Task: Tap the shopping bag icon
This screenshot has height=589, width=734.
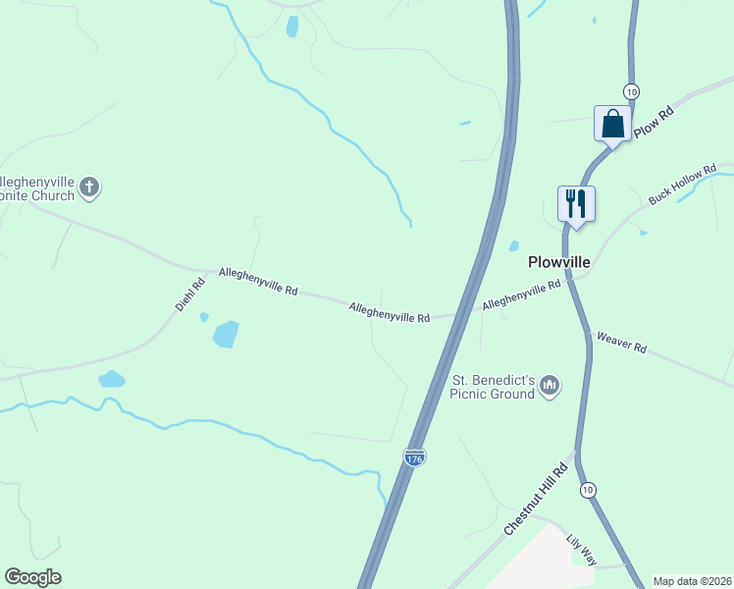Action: pos(612,124)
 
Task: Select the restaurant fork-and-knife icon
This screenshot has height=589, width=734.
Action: pos(576,203)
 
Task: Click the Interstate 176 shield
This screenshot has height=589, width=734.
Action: pos(414,457)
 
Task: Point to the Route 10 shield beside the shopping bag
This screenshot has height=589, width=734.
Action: pos(630,91)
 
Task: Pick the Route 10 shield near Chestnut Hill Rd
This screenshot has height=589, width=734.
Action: pos(588,489)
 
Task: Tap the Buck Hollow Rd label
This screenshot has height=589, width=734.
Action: pos(683,187)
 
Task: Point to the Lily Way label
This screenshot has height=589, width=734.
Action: pos(582,550)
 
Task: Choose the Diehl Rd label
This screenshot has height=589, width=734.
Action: pos(190,295)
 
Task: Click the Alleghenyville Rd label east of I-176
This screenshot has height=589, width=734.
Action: pos(521,296)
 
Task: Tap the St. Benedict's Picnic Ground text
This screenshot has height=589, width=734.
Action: pos(492,387)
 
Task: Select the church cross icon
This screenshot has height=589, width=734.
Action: pos(89,187)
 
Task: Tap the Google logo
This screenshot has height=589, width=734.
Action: pos(32,577)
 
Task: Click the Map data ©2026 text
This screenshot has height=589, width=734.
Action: pos(693,581)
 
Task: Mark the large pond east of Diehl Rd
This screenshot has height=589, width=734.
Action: pos(226,334)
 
